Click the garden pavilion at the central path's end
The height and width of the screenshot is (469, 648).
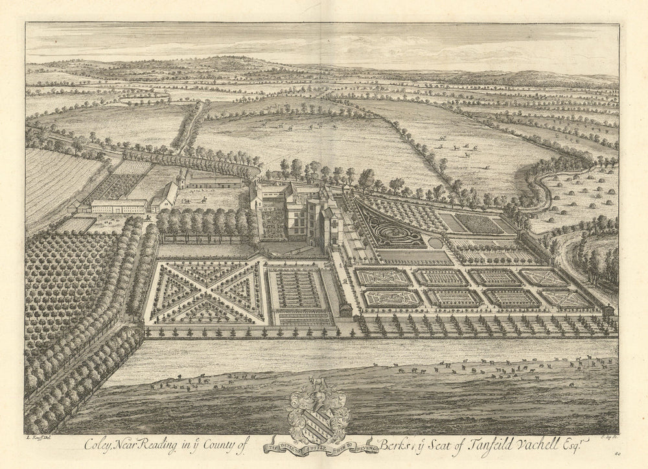345,310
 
